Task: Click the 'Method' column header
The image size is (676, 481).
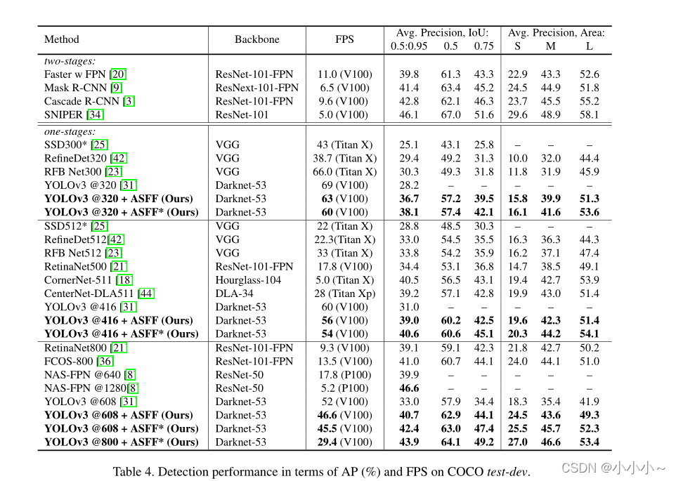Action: click(x=62, y=39)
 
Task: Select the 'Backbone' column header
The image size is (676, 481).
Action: click(x=256, y=39)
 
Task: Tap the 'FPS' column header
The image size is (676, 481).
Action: click(x=344, y=39)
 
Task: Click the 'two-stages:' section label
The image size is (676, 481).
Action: click(x=70, y=61)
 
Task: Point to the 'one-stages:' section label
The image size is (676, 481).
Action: click(x=70, y=131)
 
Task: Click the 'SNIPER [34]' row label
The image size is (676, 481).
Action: click(x=74, y=114)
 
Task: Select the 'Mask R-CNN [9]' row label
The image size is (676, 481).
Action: click(x=83, y=88)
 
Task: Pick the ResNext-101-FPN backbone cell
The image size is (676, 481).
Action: click(x=256, y=88)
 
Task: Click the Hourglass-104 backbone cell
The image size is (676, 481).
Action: click(x=248, y=280)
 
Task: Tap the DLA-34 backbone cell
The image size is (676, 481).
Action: click(x=233, y=294)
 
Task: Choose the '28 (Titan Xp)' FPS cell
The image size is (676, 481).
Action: click(x=344, y=294)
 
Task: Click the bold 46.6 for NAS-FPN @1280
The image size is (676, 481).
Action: click(x=409, y=388)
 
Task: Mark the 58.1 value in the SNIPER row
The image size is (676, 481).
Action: click(x=589, y=114)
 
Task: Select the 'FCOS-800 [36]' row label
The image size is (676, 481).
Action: click(x=79, y=361)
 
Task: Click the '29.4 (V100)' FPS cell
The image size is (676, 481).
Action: click(x=344, y=442)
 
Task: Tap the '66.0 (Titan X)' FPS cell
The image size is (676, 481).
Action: click(x=344, y=171)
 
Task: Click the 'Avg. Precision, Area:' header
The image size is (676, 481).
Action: click(x=556, y=32)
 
